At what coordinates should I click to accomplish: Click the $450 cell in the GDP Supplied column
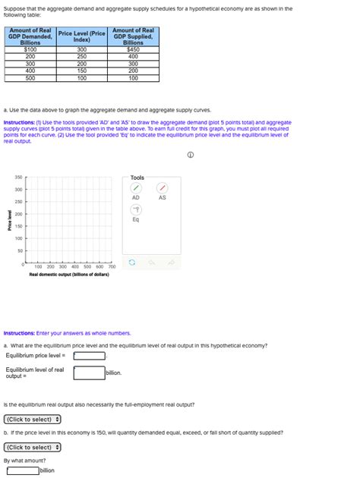click(x=133, y=49)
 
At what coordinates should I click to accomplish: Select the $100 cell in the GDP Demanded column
click(x=30, y=49)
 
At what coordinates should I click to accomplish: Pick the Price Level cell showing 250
click(x=81, y=56)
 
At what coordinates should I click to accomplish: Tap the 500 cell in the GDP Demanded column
click(x=30, y=77)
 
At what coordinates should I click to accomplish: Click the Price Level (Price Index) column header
click(x=81, y=36)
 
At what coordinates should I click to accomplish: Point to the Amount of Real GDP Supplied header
click(x=133, y=36)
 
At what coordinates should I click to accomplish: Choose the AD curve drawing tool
click(x=135, y=187)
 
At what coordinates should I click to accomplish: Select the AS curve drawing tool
click(x=162, y=187)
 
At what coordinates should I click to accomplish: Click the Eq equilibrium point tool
click(x=135, y=209)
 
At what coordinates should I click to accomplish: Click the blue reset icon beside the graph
click(x=131, y=263)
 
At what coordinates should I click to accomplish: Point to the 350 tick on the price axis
click(x=19, y=177)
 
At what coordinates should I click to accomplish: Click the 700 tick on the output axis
click(x=111, y=267)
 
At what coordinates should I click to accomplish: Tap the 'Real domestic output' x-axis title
click(x=68, y=275)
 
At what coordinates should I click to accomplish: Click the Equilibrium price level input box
click(x=89, y=355)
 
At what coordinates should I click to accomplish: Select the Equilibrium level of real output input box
click(x=89, y=373)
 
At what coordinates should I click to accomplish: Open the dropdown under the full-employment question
click(x=33, y=419)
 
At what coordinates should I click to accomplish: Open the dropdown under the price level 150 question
click(x=33, y=447)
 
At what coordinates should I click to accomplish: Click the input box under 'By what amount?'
click(x=22, y=470)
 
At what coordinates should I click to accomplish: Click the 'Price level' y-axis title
click(x=10, y=220)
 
